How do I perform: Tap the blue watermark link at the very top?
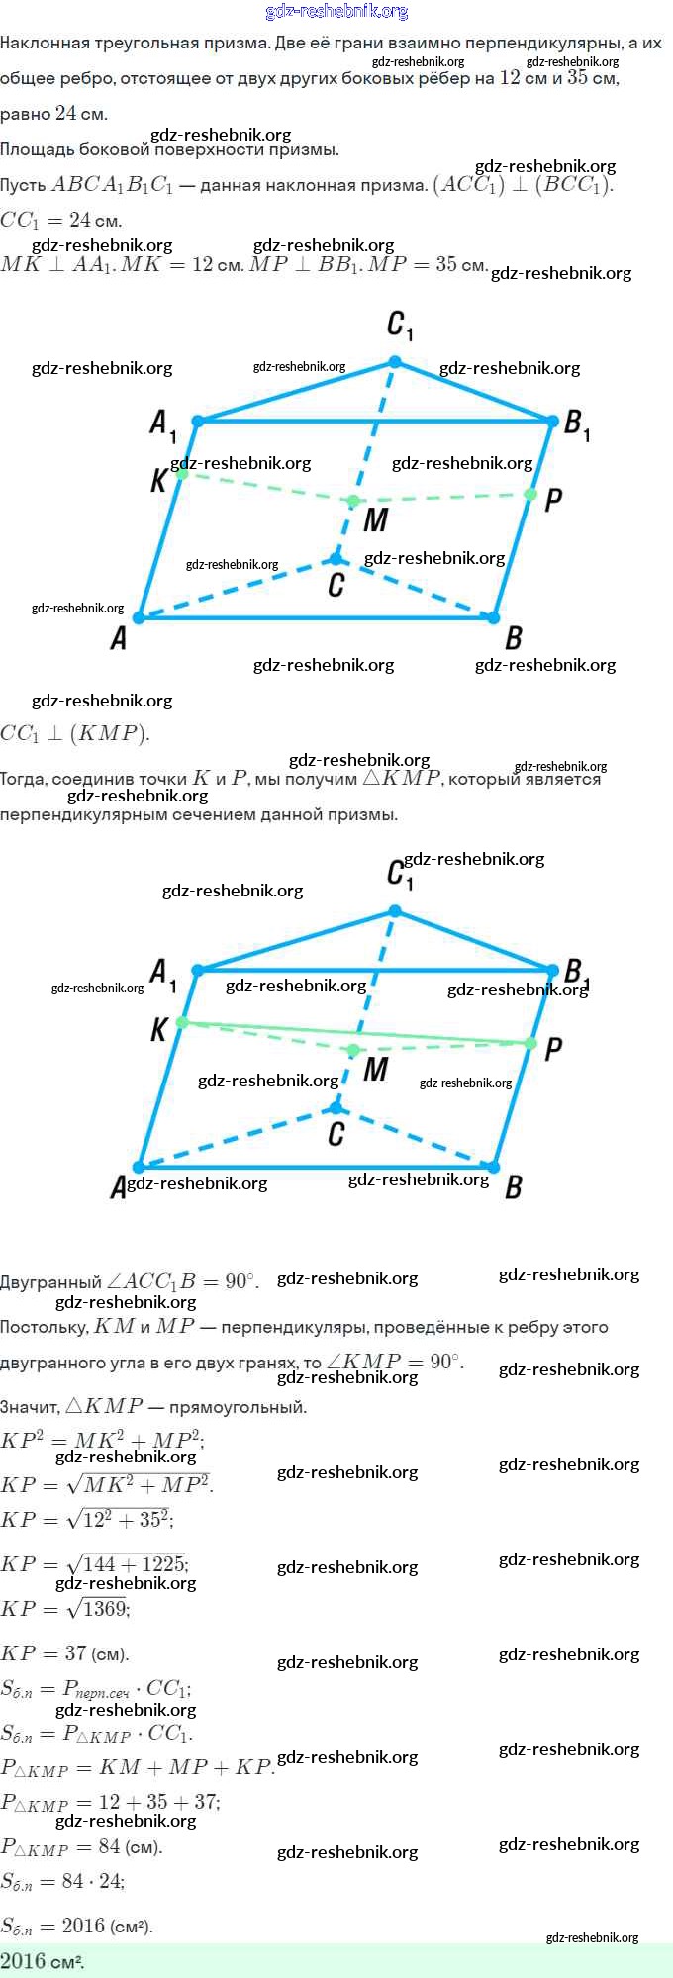click(336, 12)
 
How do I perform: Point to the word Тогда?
click(23, 780)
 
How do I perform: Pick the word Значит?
click(29, 1406)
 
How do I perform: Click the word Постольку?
click(45, 1327)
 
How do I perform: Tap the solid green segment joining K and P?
click(356, 1033)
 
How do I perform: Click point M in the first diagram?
click(353, 502)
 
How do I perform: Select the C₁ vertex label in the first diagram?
click(399, 325)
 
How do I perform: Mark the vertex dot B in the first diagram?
click(493, 617)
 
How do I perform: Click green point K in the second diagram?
click(182, 1022)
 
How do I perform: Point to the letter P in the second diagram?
click(553, 1049)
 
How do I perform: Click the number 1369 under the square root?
click(105, 1609)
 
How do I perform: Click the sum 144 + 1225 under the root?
click(134, 1564)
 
